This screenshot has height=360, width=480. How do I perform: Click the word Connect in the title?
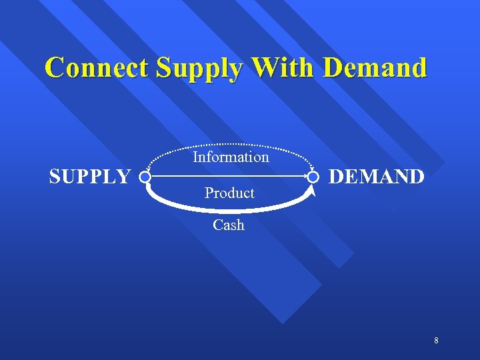[x=97, y=68]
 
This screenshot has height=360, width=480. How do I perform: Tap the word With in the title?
[x=280, y=68]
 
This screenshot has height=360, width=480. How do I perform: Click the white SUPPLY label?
[x=90, y=177]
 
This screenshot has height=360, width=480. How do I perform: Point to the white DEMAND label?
[x=377, y=177]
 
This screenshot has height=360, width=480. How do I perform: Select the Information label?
[x=231, y=157]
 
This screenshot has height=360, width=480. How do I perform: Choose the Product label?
[x=229, y=193]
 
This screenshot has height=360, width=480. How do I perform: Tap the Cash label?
[x=229, y=225]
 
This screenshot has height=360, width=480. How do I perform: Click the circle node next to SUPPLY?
[x=145, y=177]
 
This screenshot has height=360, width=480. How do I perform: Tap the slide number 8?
[x=436, y=341]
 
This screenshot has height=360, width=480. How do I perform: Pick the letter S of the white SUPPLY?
[x=55, y=177]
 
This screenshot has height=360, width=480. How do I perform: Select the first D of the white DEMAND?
[x=337, y=177]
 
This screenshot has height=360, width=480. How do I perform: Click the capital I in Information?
[x=195, y=157]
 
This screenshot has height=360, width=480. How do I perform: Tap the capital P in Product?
[x=209, y=193]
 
